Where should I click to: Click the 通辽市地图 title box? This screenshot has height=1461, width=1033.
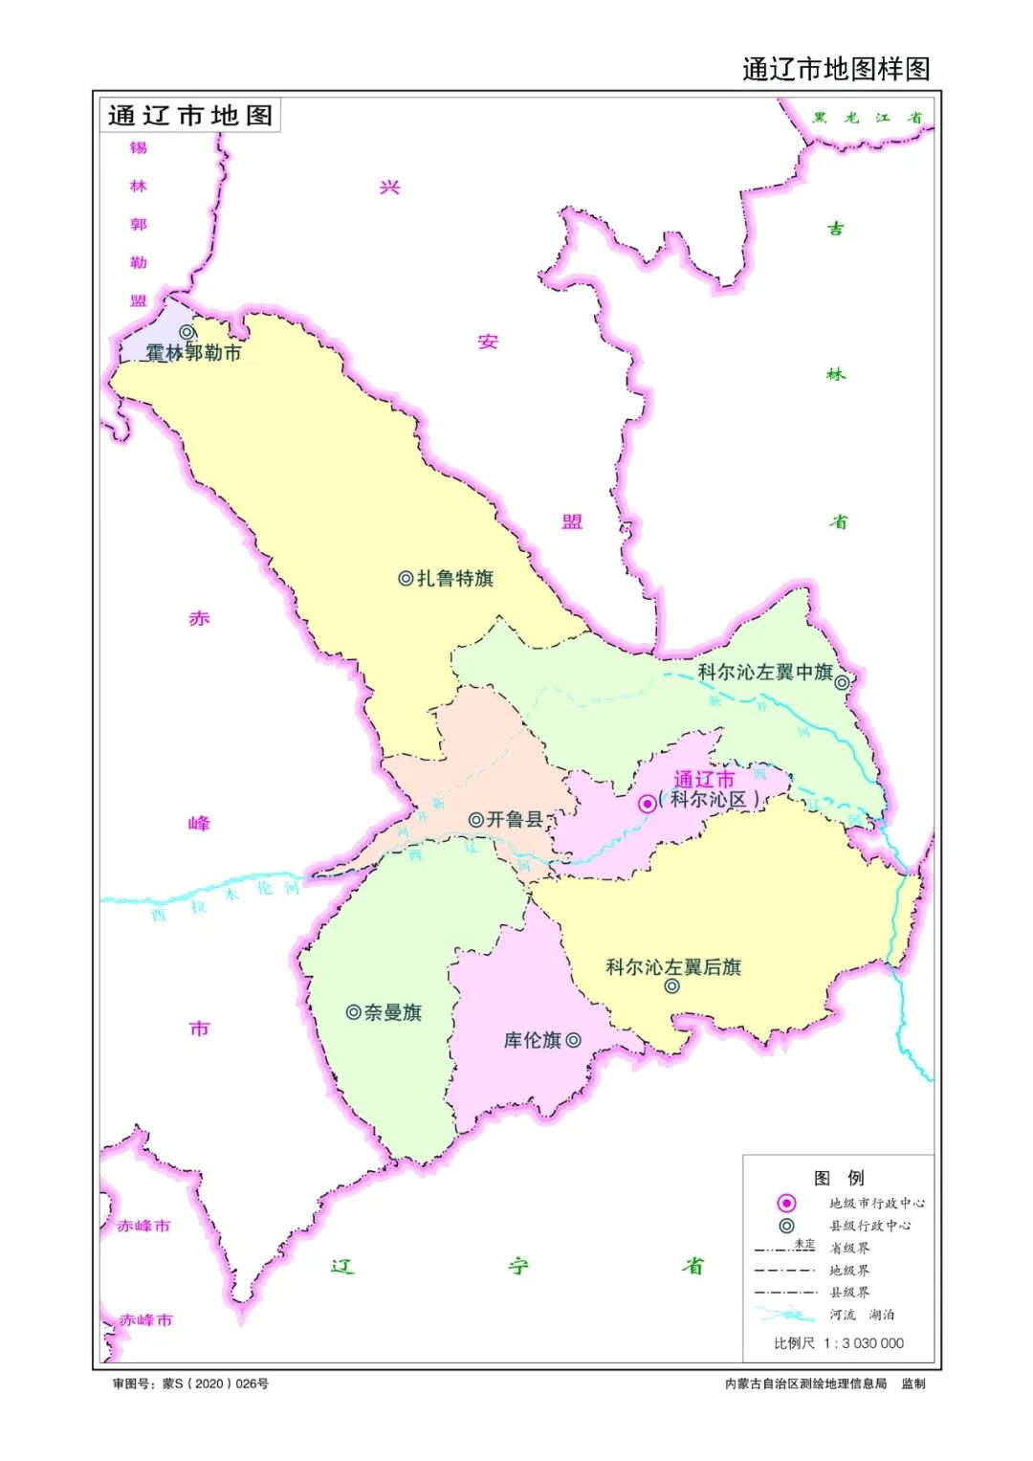(190, 116)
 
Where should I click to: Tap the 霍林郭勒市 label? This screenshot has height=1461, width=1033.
(194, 353)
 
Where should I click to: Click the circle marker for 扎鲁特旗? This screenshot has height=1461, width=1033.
(406, 579)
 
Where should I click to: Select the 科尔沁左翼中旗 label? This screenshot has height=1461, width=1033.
(764, 673)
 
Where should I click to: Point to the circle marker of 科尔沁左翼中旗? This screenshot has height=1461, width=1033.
(842, 682)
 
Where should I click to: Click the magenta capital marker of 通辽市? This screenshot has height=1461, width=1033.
(648, 804)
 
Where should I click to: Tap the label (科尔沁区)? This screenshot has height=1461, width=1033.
(709, 800)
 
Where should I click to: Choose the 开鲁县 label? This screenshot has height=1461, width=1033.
(515, 820)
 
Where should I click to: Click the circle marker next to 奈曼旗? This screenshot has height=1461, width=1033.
(353, 1012)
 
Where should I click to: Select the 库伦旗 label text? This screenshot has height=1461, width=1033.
(533, 1040)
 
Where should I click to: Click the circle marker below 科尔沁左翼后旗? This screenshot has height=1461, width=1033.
(672, 986)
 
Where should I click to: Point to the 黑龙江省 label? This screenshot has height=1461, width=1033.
(867, 118)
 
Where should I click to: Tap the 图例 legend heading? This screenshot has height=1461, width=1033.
(839, 1178)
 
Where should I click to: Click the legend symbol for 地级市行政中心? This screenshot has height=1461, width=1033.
(786, 1203)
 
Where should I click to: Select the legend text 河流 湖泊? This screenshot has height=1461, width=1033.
(862, 1315)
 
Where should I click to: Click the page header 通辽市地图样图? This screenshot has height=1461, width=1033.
(836, 69)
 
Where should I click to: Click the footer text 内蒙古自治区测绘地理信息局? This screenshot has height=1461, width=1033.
(805, 1384)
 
